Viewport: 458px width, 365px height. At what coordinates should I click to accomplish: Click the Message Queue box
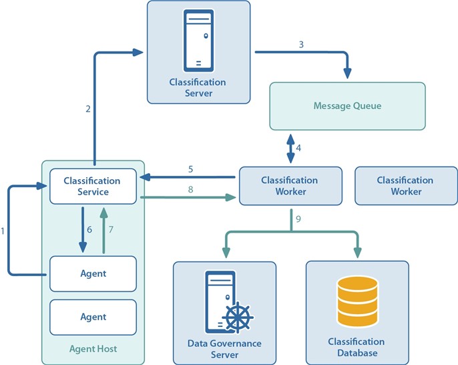(347, 106)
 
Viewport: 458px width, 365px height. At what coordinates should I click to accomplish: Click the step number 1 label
(3, 231)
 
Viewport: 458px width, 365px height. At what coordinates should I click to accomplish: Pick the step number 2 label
(88, 110)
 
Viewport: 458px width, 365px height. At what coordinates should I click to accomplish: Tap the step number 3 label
(301, 44)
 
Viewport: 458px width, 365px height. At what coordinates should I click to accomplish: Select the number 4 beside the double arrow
(298, 148)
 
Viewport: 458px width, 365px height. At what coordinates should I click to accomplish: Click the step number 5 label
(190, 169)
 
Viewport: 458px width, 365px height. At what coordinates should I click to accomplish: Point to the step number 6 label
(89, 229)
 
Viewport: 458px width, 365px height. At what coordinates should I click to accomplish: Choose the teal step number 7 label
(111, 229)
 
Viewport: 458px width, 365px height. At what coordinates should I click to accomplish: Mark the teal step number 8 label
(190, 189)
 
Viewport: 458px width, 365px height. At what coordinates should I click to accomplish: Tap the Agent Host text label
(92, 349)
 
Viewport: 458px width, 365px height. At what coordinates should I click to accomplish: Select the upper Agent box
(93, 273)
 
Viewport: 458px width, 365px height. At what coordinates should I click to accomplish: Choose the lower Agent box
(93, 317)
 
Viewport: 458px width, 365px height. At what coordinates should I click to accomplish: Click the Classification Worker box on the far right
(405, 186)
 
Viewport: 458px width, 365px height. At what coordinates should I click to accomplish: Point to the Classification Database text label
(357, 347)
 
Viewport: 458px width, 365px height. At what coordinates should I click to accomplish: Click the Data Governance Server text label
(224, 349)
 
